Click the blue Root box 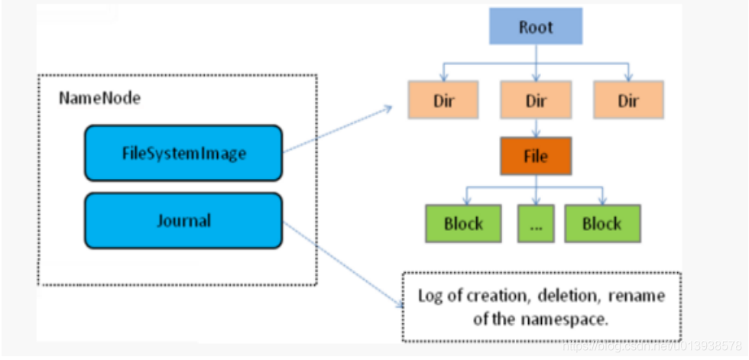click(535, 28)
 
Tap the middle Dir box click(535, 101)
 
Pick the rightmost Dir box click(628, 101)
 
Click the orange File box click(535, 156)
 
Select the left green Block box click(463, 224)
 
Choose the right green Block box click(601, 224)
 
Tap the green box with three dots click(535, 224)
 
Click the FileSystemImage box click(183, 153)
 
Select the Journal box click(183, 221)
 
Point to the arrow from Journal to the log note click(344, 264)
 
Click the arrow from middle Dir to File click(535, 127)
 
